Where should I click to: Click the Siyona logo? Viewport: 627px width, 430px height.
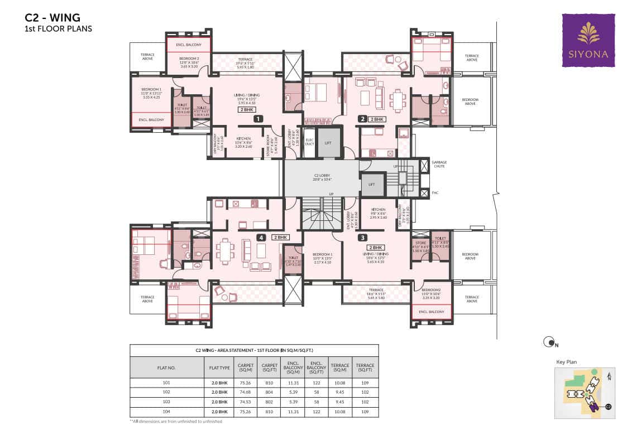588,40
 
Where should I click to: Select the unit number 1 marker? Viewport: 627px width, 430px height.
258,119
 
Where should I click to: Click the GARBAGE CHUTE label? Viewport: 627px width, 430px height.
439,164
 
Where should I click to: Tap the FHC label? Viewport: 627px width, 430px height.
436,193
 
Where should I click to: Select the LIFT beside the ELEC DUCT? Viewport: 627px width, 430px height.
328,143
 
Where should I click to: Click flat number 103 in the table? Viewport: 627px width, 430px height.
166,402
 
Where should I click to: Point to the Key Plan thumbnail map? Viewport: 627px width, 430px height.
585,393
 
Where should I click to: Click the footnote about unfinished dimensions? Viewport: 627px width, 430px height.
176,421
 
